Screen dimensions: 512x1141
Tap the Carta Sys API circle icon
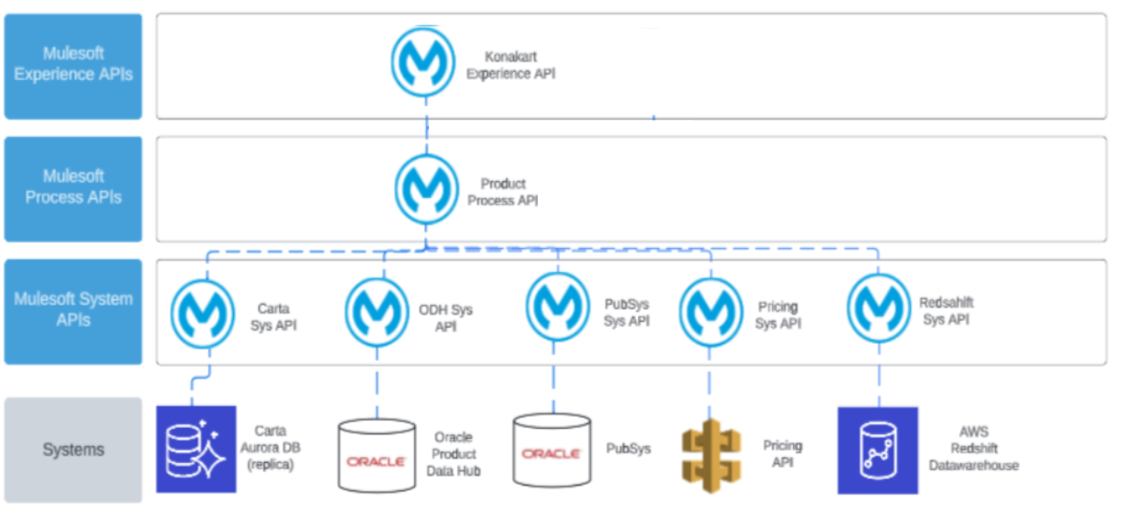202,315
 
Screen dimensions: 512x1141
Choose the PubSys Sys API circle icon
557,307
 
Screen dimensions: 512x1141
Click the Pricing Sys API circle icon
710,312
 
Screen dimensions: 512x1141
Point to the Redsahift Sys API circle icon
878,308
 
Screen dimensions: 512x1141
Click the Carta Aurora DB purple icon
196,449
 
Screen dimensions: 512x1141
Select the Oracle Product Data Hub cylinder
376,456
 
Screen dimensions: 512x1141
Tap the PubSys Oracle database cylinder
551,450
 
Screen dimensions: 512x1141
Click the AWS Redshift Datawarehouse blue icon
878,451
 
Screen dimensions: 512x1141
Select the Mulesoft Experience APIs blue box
73,66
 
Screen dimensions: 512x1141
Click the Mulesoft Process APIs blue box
73,189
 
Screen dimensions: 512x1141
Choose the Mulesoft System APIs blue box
73,312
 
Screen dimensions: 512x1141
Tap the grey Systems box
73,450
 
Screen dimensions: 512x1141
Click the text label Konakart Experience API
511,66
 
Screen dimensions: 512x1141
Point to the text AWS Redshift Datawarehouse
973,449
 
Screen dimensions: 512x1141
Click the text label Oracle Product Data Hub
453,455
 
